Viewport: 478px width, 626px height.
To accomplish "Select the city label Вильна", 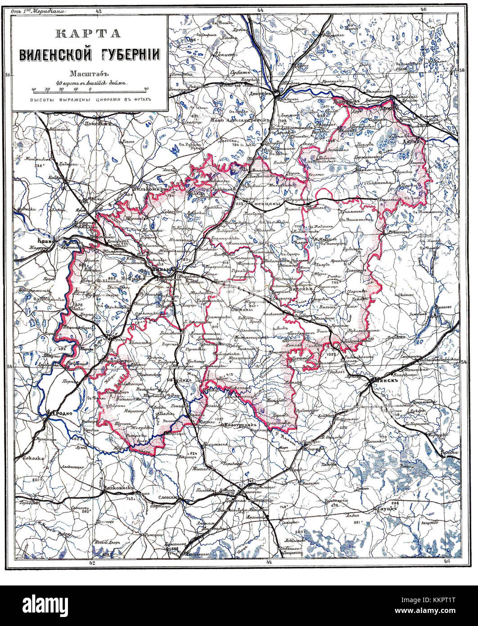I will coord(162,269).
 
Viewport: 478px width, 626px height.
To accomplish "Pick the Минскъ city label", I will coord(385,379).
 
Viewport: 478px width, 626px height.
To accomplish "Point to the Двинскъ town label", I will coord(258,94).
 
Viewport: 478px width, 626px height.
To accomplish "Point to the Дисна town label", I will coord(412,141).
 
